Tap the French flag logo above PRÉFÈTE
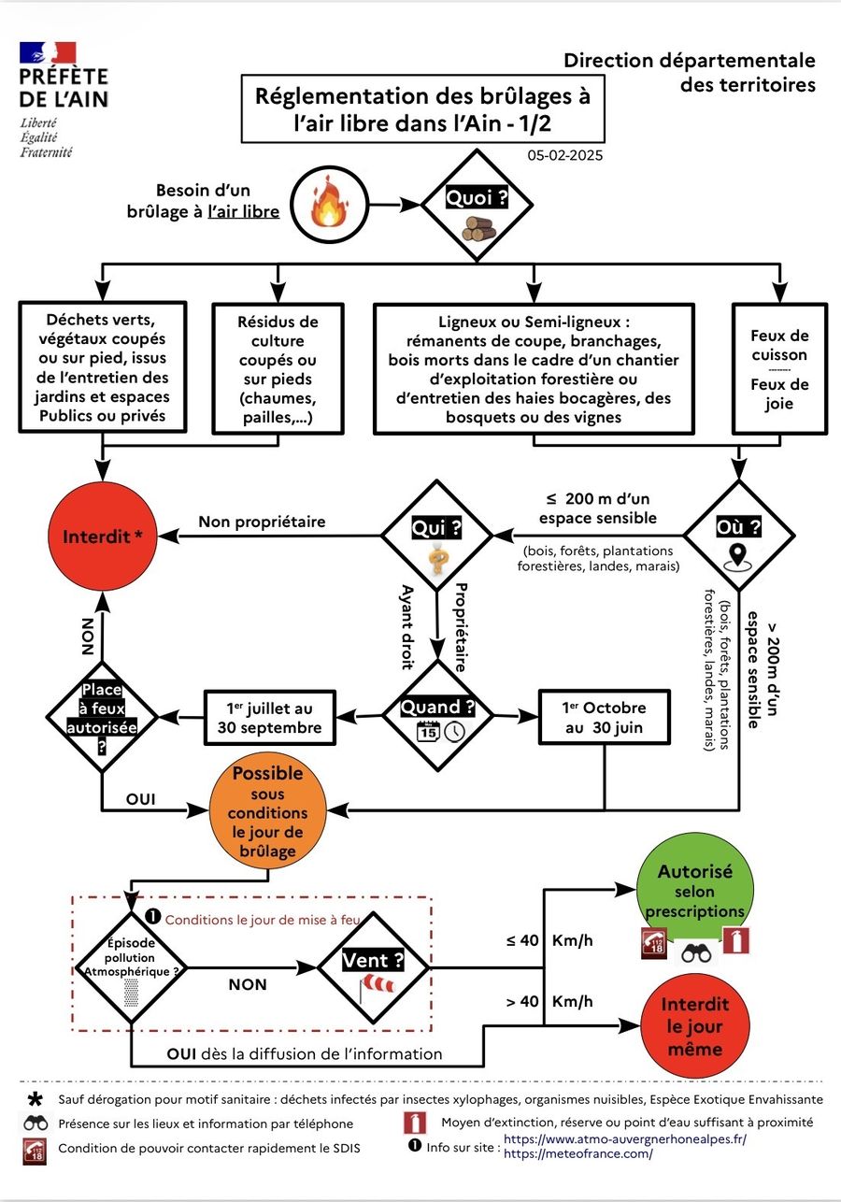pyautogui.click(x=48, y=52)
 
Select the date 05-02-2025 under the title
pyautogui.click(x=564, y=155)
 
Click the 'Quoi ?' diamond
pyautogui.click(x=477, y=205)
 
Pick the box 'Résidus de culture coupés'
pyautogui.click(x=278, y=368)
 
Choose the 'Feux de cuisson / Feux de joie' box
pyautogui.click(x=779, y=368)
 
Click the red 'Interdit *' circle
pyautogui.click(x=103, y=537)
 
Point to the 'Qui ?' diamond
pyautogui.click(x=436, y=536)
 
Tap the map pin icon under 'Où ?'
pyautogui.click(x=738, y=557)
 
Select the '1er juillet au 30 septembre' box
pyautogui.click(x=270, y=718)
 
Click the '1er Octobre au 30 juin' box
pyautogui.click(x=604, y=717)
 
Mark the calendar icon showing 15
pyautogui.click(x=428, y=732)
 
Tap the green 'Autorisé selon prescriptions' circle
pyautogui.click(x=694, y=890)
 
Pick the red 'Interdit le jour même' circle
pyautogui.click(x=694, y=1026)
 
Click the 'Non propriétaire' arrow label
pyautogui.click(x=262, y=522)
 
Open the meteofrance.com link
pyautogui.click(x=578, y=1153)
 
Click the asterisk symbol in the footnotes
pyautogui.click(x=36, y=1099)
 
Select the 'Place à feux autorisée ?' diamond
pyautogui.click(x=102, y=717)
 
